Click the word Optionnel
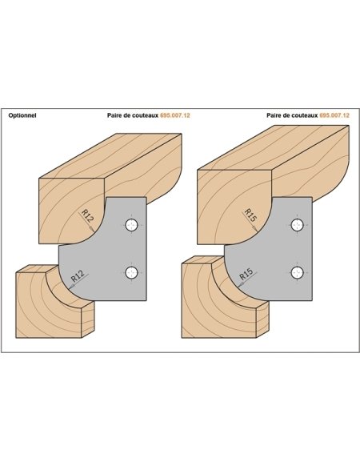click(x=22, y=115)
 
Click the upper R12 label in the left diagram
click(x=87, y=215)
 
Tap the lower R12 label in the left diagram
click(x=78, y=275)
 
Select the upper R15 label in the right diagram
click(x=250, y=215)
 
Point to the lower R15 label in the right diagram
click(x=246, y=275)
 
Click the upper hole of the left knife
click(x=131, y=226)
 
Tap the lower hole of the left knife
click(x=131, y=272)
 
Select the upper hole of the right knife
click(x=298, y=226)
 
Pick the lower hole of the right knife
click(x=298, y=272)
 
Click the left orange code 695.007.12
click(x=175, y=115)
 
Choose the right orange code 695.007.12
click(x=334, y=115)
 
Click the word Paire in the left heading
click(x=114, y=115)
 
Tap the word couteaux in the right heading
click(x=305, y=115)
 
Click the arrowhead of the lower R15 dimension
click(x=240, y=285)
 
